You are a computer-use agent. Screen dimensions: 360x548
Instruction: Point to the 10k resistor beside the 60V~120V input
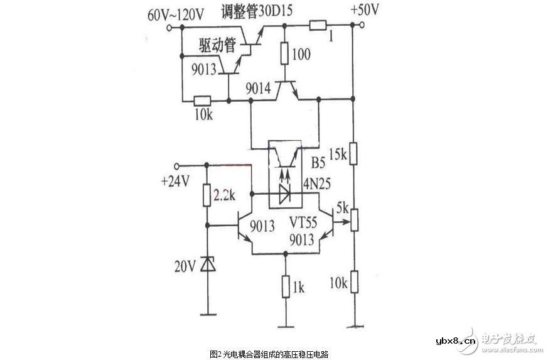click(203, 100)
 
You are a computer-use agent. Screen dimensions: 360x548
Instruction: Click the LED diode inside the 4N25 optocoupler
click(284, 195)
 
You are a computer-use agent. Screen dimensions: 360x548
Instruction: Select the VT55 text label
click(304, 222)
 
